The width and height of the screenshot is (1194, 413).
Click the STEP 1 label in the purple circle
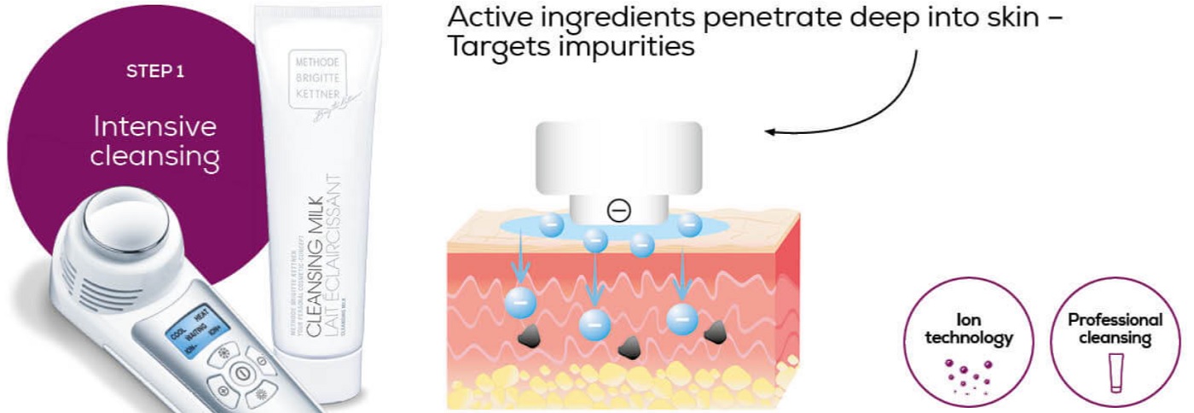154,73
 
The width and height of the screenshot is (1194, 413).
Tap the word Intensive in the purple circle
155,128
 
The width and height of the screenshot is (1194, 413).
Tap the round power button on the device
241,373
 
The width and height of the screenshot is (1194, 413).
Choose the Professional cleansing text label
1115,329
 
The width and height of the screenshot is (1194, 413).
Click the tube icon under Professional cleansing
1115,375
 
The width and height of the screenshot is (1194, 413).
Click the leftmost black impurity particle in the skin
534,335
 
